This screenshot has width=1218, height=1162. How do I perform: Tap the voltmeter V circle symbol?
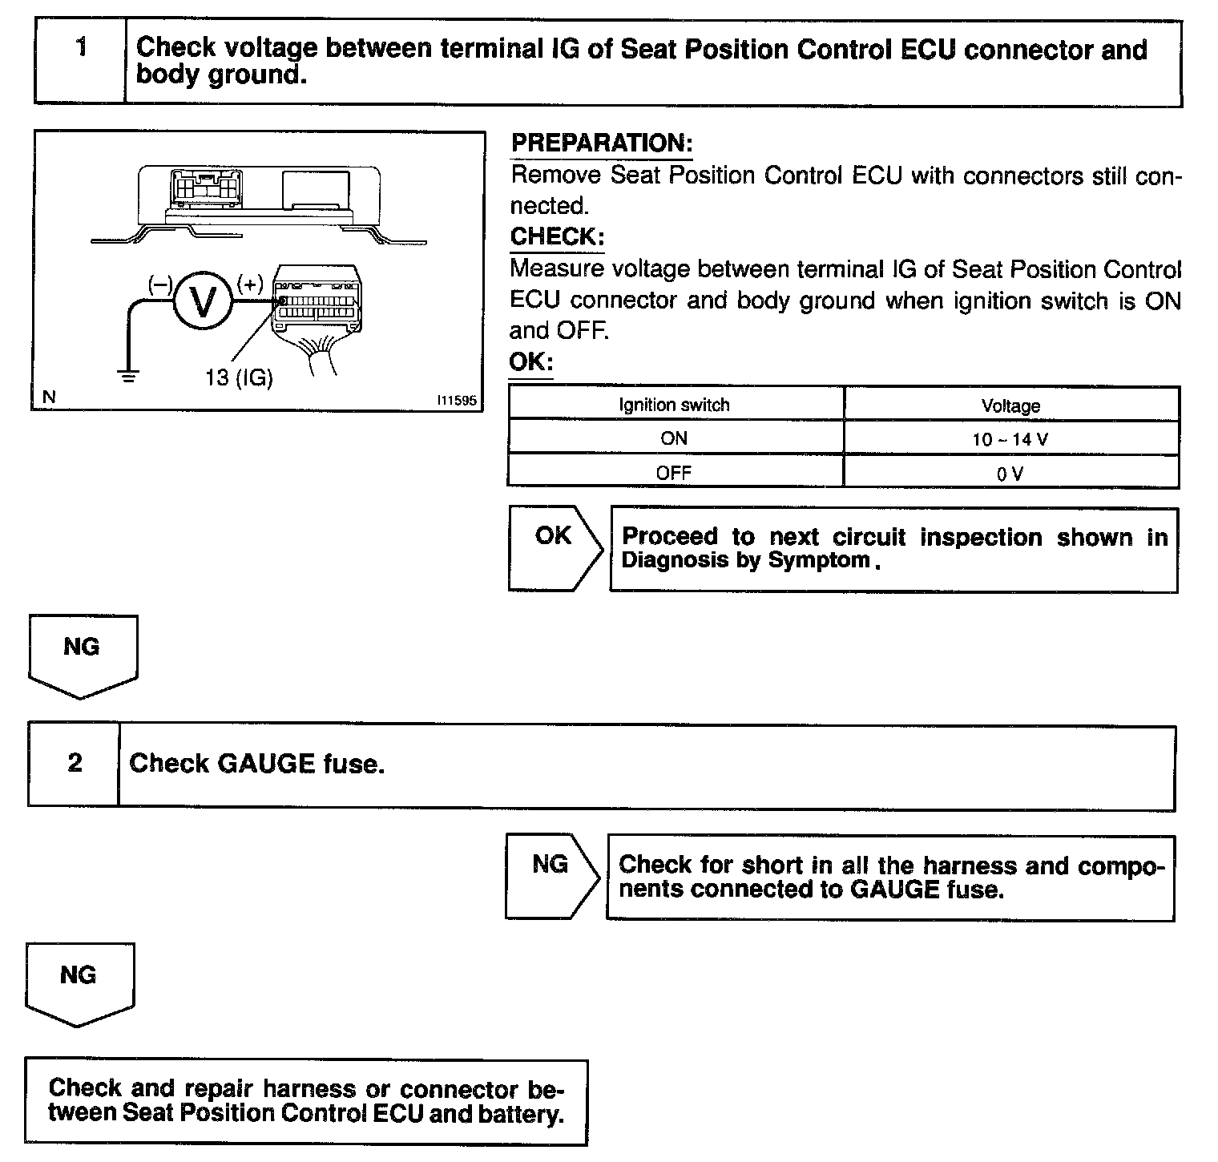coord(203,301)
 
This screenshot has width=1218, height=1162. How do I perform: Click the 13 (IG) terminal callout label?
coord(239,377)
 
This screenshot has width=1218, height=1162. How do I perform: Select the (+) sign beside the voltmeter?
coord(250,283)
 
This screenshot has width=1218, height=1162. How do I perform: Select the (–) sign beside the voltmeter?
coord(160,283)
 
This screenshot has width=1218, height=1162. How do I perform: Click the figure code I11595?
coord(456,399)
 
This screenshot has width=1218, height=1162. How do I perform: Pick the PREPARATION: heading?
coord(601,143)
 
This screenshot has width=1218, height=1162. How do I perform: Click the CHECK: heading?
coord(556,237)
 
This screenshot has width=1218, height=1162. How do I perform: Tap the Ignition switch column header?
coord(674,405)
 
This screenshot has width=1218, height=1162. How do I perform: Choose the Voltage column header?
coord(1010,405)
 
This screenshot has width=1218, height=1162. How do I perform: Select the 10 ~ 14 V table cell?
coord(1010,439)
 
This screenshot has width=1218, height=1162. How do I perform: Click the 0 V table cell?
coord(1010,473)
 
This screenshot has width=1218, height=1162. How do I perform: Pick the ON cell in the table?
coord(674,438)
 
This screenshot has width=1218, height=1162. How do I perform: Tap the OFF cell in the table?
coord(674,472)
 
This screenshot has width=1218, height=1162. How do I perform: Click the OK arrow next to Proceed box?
coord(553,547)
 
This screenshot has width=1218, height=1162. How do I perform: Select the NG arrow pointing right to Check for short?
coord(551,876)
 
